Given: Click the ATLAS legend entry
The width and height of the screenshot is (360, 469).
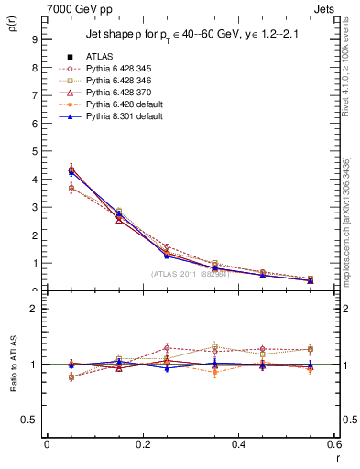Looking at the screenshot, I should tap(100, 56).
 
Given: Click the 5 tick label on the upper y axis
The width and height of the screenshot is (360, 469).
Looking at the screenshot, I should tap(34, 151).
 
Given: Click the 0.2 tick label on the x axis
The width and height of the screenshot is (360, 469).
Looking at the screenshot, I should tap(142, 444).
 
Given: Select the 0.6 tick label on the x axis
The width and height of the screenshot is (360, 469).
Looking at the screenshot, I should tap(333, 444).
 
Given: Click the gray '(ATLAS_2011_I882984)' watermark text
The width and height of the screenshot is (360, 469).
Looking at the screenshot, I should tap(190, 275).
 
